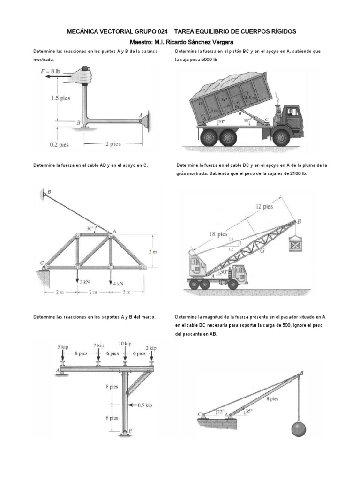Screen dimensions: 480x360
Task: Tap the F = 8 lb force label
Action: point(51,71)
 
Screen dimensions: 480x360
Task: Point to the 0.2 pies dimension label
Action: point(59,145)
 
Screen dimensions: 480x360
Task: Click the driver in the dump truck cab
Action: point(292,112)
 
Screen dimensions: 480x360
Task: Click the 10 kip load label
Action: point(125,344)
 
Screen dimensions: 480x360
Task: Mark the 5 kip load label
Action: point(63,347)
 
